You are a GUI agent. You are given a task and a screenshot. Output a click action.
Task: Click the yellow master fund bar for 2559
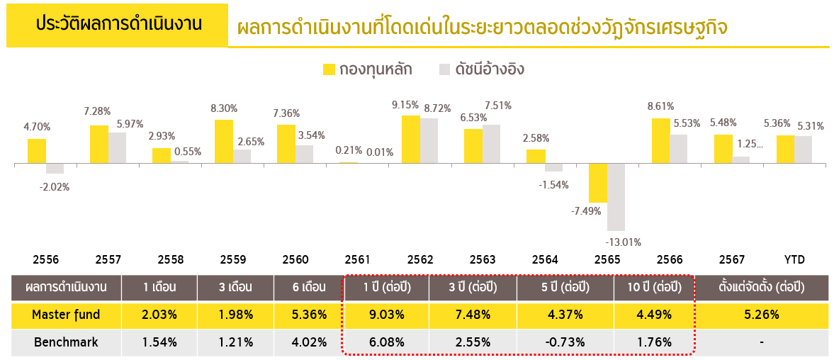223,142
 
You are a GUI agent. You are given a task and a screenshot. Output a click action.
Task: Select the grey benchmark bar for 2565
616,197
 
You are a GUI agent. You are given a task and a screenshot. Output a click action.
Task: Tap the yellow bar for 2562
410,140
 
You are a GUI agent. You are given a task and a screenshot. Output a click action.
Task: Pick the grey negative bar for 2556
55,169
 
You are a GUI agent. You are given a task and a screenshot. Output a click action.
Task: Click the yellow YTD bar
785,150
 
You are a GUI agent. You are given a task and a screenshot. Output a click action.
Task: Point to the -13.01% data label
624,242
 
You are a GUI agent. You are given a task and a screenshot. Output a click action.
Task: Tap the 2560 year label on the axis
295,259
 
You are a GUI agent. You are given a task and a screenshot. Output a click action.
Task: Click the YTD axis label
794,259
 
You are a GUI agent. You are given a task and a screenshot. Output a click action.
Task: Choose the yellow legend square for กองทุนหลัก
329,69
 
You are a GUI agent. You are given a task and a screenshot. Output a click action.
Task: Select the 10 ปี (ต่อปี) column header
655,288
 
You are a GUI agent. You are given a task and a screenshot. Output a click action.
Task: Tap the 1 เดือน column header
159,288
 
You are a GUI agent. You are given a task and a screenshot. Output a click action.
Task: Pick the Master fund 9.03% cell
386,315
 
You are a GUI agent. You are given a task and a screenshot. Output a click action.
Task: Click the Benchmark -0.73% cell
565,342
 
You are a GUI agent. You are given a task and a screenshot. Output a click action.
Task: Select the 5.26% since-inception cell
760,315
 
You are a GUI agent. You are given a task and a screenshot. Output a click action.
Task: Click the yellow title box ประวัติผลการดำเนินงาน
118,23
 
